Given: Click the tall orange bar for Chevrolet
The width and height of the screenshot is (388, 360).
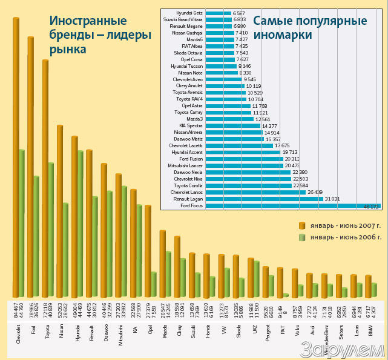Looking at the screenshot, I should [x=16, y=158].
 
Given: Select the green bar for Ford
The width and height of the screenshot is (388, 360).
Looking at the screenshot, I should [x=36, y=236].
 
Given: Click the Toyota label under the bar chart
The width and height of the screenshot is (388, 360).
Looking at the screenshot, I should [x=47, y=339].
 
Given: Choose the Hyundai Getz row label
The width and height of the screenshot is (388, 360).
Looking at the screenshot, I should [x=189, y=13].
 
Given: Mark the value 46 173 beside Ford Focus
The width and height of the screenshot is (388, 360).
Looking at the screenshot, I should [x=371, y=207].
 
